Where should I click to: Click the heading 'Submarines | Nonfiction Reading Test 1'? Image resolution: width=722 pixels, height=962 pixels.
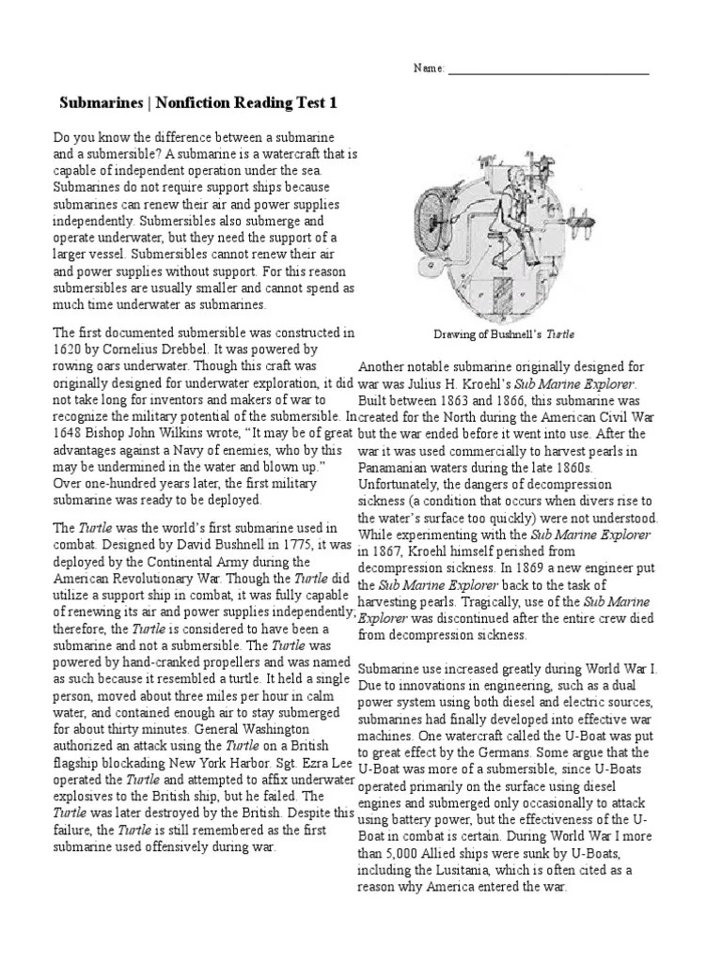[197, 101]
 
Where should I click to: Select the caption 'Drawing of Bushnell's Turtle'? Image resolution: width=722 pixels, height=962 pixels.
[504, 334]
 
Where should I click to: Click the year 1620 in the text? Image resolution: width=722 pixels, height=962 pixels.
[68, 349]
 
